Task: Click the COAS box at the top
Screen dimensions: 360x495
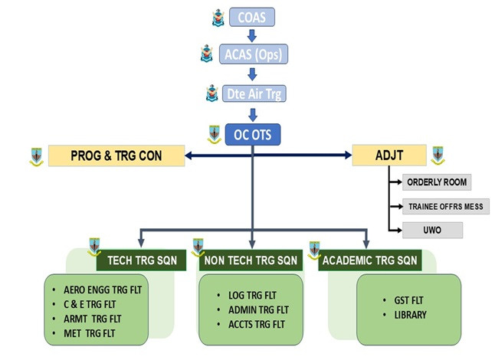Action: click(x=252, y=16)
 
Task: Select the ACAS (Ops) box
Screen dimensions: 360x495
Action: click(x=252, y=54)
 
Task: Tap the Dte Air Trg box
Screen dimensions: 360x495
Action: click(x=252, y=93)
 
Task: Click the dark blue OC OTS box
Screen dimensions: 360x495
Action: click(x=252, y=134)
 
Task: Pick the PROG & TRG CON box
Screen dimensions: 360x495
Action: click(x=116, y=155)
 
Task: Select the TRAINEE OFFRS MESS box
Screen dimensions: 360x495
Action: click(x=444, y=206)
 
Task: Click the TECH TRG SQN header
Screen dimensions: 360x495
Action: click(x=142, y=260)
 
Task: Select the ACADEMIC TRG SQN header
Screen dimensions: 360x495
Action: click(x=369, y=260)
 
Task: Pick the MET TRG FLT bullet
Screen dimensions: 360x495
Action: click(x=93, y=333)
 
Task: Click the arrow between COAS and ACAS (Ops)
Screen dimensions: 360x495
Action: click(x=252, y=34)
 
